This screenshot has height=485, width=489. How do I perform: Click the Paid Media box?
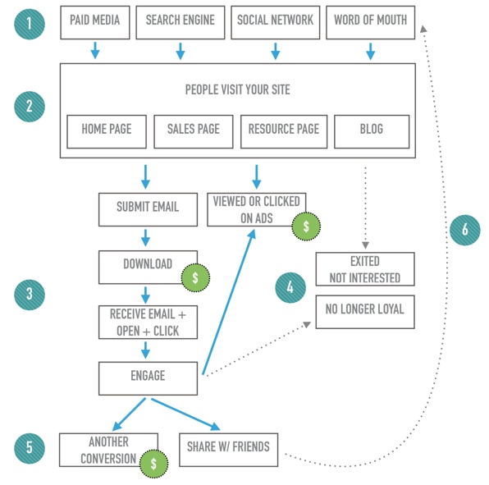[94, 22]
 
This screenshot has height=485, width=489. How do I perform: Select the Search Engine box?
[181, 22]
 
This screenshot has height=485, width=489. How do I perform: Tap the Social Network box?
[275, 22]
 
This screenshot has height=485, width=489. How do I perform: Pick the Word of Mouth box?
[370, 22]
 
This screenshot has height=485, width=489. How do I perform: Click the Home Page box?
[106, 131]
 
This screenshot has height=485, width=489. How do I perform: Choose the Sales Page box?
[194, 131]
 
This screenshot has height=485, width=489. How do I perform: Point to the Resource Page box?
[283, 131]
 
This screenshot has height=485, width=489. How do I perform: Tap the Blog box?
[371, 131]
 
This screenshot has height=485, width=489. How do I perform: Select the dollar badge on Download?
[194, 278]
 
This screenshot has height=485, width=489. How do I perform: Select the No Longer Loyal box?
[364, 311]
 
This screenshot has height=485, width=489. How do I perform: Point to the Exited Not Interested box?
[364, 269]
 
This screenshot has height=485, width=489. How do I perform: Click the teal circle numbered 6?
[464, 230]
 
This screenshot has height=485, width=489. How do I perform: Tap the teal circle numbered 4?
[290, 288]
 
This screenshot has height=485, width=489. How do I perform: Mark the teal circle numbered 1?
[30, 22]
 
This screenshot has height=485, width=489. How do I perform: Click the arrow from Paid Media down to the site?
[94, 51]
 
